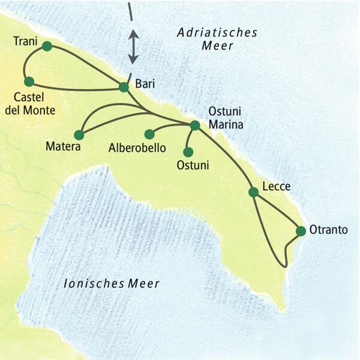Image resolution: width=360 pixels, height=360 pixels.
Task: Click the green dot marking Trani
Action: [47, 46]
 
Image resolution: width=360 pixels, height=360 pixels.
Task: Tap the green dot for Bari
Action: [124, 87]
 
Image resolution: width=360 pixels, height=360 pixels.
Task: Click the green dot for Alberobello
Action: [149, 134]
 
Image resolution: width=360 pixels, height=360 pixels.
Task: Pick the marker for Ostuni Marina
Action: [194, 125]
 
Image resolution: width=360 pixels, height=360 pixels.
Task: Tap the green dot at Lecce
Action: [253, 192]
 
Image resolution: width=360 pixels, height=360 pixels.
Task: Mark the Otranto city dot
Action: [301, 230]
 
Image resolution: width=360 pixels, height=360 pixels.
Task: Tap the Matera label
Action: [63, 146]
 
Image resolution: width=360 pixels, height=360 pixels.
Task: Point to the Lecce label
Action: [277, 187]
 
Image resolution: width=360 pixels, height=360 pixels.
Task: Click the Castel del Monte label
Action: [34, 104]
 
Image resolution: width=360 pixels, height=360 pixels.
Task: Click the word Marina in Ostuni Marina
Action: [225, 125]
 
